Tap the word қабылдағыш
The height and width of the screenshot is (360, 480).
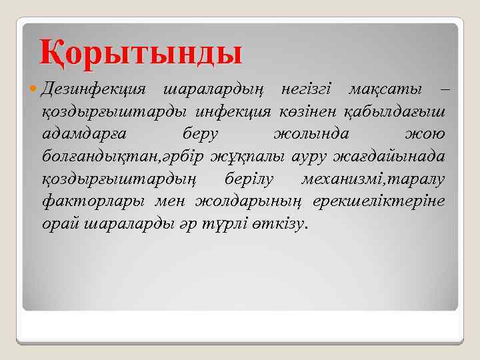[x=399, y=112]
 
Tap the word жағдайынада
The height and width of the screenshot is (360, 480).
[x=395, y=157]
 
